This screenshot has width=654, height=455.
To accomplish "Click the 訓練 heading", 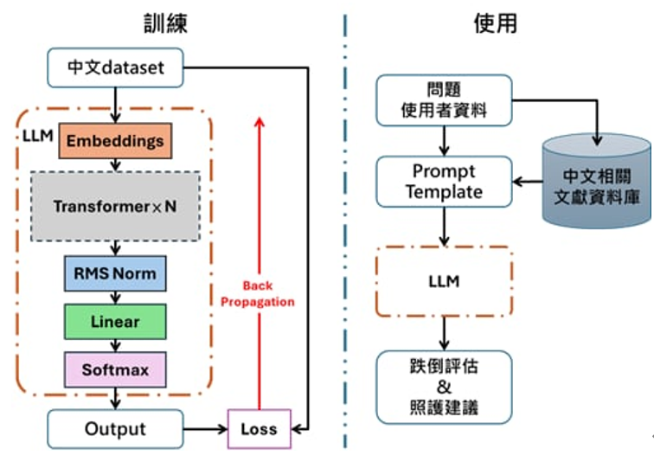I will pos(165,22).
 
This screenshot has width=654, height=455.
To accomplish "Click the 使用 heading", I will pos(496,22).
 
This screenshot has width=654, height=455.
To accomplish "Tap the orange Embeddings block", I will pos(115,141).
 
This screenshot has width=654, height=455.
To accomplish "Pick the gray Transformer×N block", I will pos(115,207).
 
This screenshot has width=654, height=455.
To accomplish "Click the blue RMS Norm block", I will pos(115,274).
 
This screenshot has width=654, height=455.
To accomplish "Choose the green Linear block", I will pos(115,322).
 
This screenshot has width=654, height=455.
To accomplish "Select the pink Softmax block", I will pos(115,370).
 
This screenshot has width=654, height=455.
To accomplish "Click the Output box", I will pos(115,429).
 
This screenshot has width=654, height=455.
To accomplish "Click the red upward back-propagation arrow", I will pos(257,216).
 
